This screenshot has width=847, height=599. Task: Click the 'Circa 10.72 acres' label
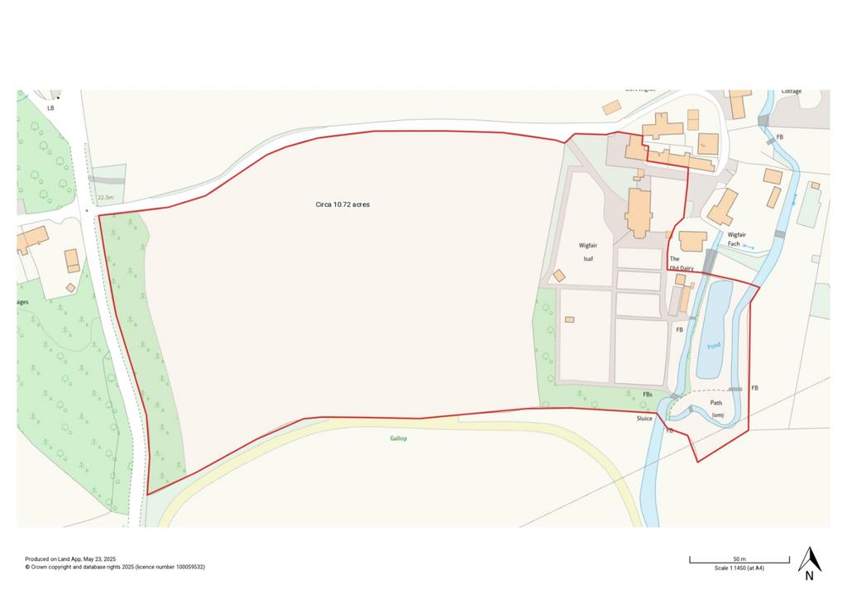click(342, 204)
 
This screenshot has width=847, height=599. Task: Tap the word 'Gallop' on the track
click(399, 438)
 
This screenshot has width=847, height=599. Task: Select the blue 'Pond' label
click(714, 345)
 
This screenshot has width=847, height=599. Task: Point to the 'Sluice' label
click(644, 419)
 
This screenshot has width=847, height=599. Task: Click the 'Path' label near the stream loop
click(716, 403)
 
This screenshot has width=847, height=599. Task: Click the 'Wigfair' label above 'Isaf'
click(588, 246)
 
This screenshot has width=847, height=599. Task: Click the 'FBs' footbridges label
click(648, 395)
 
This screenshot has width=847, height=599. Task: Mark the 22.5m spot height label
click(104, 198)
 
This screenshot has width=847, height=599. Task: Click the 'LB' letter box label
click(50, 108)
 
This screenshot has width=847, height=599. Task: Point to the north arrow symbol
click(809, 562)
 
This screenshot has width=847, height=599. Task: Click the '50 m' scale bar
click(739, 561)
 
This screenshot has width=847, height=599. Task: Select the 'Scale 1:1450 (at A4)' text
click(739, 568)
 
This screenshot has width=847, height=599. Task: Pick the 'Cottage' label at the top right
click(792, 92)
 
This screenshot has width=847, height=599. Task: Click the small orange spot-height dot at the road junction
click(86, 210)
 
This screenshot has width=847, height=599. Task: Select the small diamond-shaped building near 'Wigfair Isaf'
click(559, 276)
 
